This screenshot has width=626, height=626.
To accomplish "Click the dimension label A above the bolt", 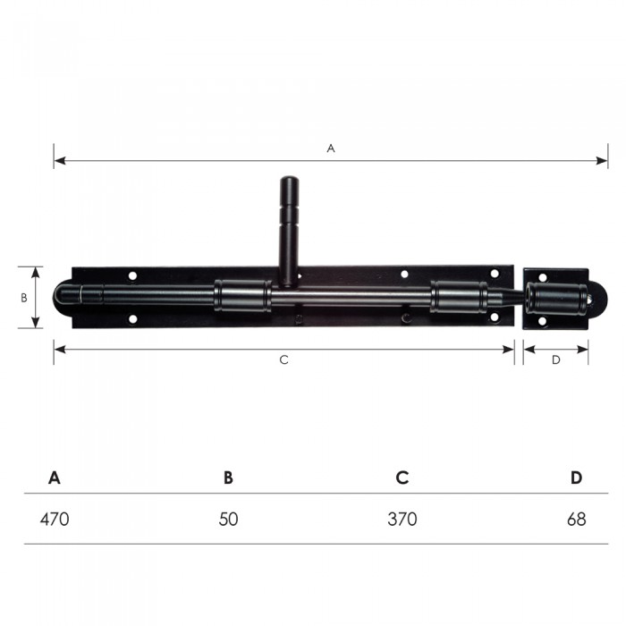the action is [331, 148].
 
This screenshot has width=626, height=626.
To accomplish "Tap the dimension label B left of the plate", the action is [24, 298].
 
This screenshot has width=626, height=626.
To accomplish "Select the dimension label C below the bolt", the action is [283, 360].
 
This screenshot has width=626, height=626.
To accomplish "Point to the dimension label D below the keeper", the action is [555, 360].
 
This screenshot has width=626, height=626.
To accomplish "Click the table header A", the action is [55, 478].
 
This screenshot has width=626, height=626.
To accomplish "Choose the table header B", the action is [228, 478].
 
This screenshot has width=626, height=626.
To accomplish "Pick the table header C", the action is [402, 478].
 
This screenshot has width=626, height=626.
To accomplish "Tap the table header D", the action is [576, 478].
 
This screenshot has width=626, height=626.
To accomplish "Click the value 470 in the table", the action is [55, 519].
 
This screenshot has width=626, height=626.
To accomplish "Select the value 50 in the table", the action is [228, 519].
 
